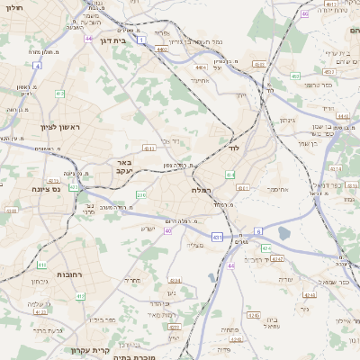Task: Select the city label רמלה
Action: pos(201,191)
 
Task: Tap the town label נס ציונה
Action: pos(44,188)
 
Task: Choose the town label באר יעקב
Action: pos(123,167)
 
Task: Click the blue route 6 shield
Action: pos(257,231)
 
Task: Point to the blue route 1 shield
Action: pos(141,40)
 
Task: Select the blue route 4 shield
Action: pos(37,66)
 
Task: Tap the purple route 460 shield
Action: pos(304,13)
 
